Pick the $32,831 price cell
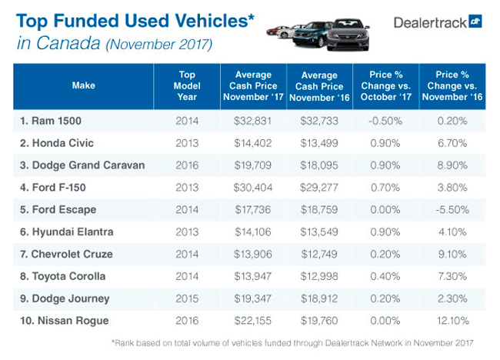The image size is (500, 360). point(244,121)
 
